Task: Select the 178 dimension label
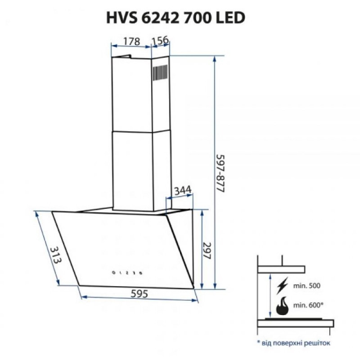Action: coord(131,41)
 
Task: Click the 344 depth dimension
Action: coord(183,190)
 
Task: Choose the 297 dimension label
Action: coord(207,251)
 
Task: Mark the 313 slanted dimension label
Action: coord(56,255)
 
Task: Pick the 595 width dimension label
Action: coord(139,294)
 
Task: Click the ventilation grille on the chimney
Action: coord(160,73)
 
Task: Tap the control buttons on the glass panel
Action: coord(127,273)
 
